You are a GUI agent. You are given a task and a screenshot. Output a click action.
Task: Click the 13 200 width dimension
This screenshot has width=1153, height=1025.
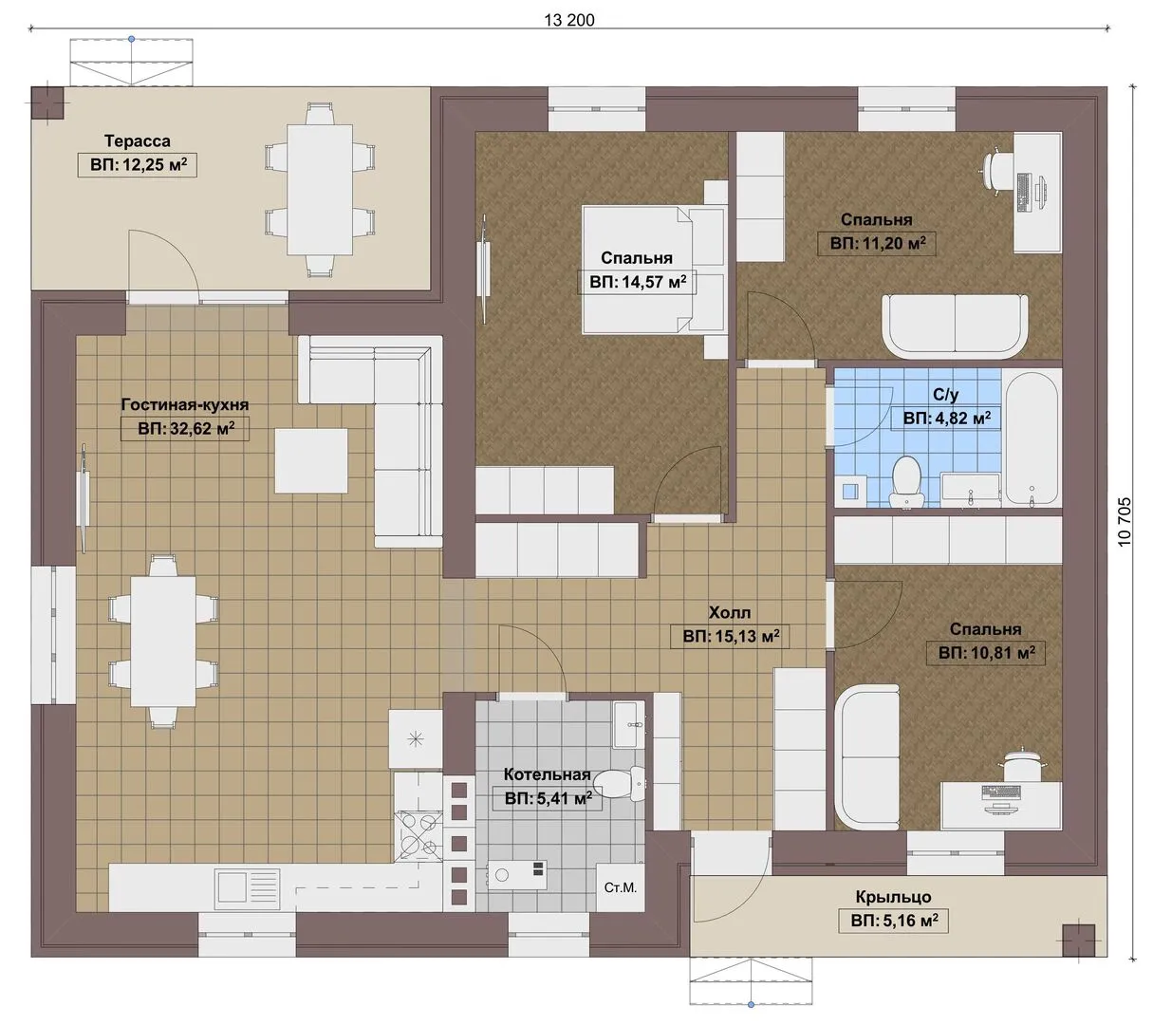tap(569, 20)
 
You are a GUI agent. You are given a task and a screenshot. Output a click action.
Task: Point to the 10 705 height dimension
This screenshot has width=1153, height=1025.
tap(1125, 522)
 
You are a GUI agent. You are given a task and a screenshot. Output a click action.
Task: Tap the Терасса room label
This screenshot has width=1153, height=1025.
tap(138, 140)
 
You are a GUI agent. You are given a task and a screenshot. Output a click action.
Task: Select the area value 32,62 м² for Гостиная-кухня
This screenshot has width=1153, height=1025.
tap(186, 428)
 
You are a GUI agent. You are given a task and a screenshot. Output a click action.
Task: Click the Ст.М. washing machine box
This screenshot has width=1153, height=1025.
tap(621, 887)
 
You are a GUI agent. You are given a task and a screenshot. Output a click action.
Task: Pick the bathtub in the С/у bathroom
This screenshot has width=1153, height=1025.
tap(1032, 438)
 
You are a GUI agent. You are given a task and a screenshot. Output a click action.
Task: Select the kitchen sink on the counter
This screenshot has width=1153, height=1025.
tap(247, 889)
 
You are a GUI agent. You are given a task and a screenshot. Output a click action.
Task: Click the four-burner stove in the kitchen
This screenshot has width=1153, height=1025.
tap(418, 835)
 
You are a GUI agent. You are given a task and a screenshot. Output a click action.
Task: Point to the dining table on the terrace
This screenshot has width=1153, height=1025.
tap(319, 190)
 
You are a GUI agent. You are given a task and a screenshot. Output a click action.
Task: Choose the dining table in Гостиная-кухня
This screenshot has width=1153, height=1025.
tap(163, 642)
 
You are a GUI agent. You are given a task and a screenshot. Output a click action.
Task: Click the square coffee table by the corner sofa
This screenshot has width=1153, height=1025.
tap(311, 461)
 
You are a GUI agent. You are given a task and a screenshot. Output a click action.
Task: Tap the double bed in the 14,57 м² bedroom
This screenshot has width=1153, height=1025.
tap(654, 270)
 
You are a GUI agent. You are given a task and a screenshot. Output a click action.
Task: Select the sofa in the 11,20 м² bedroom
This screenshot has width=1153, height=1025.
tap(955, 326)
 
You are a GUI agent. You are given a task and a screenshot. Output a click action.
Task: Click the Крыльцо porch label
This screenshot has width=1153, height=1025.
tap(894, 897)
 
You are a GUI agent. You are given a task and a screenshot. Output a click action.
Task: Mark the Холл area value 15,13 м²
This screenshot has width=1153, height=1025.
tap(731, 636)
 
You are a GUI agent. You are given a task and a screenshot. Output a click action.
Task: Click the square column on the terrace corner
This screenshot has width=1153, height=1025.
tap(46, 103)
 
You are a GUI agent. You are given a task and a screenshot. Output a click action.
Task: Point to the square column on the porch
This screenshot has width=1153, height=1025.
tap(1078, 941)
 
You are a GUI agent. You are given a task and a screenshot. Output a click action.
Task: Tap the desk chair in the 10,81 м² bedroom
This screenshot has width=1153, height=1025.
tap(1023, 766)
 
